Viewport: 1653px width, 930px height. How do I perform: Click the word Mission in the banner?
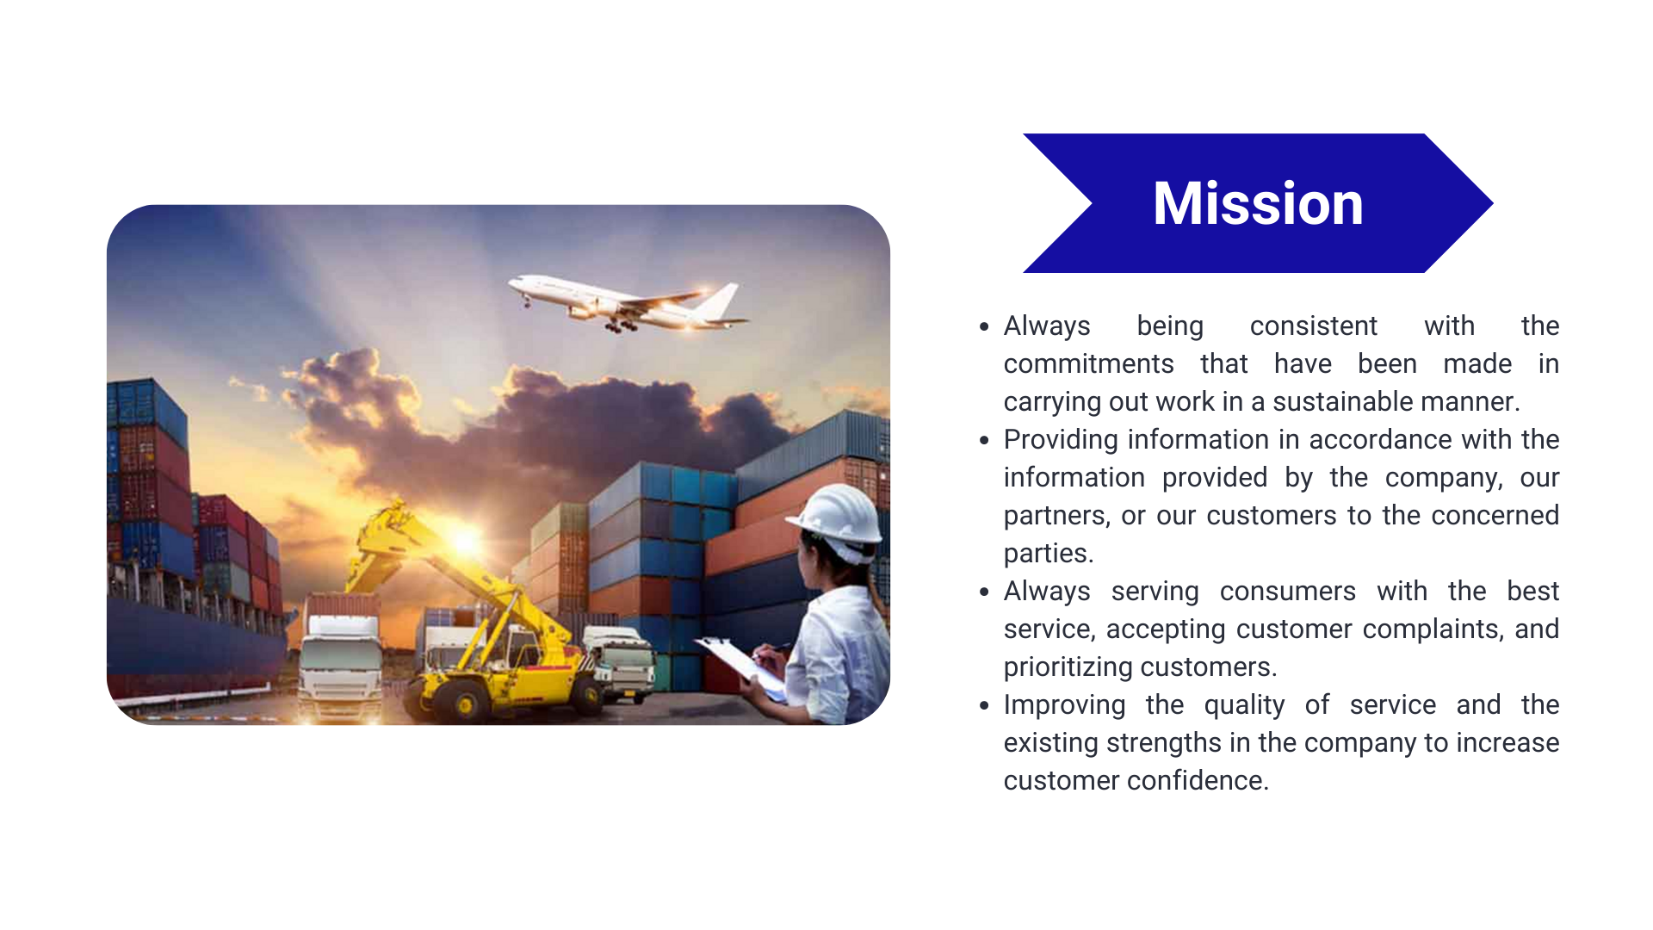1258,203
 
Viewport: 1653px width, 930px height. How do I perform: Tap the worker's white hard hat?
836,518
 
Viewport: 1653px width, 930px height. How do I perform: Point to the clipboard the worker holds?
740,666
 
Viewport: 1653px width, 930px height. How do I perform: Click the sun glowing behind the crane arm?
466,540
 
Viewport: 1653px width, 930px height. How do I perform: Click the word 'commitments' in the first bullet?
1088,363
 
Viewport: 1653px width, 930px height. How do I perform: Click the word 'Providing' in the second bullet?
1061,440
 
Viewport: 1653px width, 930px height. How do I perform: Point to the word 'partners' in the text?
1056,516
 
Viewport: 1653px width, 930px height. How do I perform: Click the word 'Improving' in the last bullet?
1064,705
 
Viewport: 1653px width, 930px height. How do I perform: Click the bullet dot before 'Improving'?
984,705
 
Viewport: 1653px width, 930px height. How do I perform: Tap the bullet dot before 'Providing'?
984,440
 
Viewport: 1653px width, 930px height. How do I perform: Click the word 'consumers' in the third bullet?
1287,592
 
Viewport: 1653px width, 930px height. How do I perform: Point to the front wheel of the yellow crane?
464,704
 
